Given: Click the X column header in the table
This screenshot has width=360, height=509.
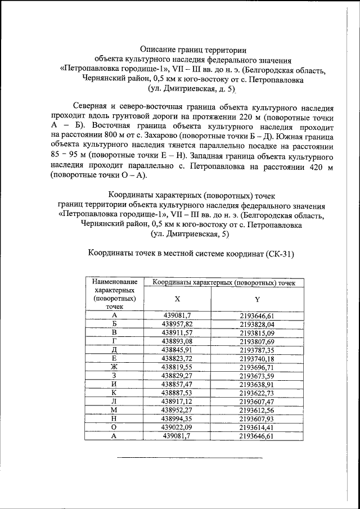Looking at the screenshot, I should [177, 299].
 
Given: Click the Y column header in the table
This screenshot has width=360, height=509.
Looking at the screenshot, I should [256, 299].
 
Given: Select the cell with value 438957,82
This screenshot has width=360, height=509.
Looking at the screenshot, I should [177, 325].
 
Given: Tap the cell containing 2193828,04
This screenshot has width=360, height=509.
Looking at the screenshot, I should [256, 325].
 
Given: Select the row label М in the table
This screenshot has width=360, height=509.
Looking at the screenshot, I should [114, 410].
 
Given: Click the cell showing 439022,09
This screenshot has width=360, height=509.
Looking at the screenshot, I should [177, 427].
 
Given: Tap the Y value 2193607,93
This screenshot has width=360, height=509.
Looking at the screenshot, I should [256, 418].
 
